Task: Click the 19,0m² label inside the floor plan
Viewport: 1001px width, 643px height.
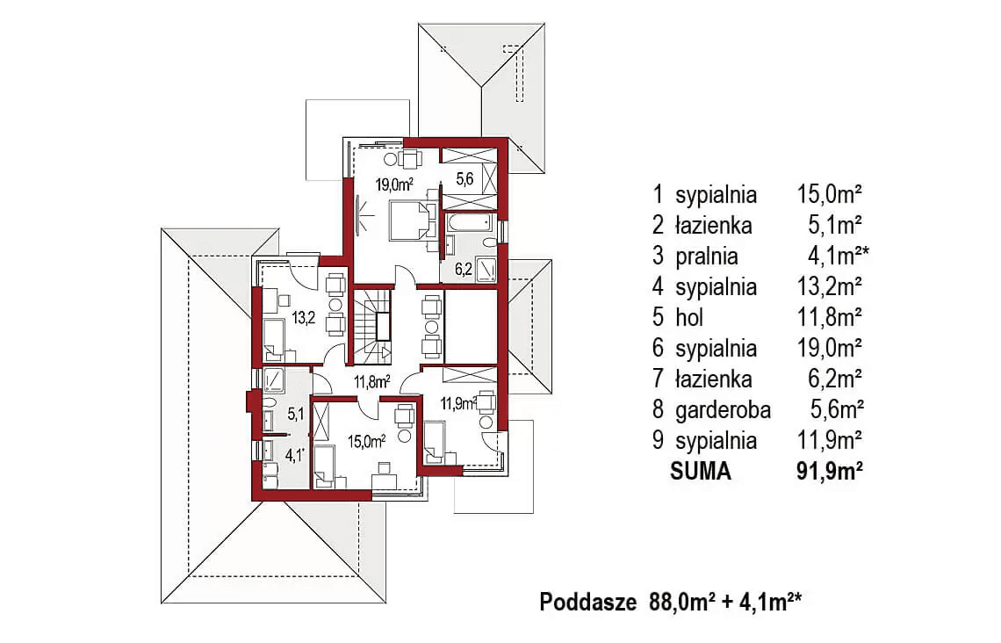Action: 394,185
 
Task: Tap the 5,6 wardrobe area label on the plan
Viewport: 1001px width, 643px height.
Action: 464,179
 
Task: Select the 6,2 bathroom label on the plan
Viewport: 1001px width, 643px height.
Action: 464,269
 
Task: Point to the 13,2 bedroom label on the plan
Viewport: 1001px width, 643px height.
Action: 304,317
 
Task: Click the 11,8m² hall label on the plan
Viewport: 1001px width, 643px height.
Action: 372,382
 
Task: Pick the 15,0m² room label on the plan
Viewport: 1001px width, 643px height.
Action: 366,441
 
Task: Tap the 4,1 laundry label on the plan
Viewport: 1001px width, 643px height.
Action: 294,455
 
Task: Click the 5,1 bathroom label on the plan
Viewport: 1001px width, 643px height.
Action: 296,415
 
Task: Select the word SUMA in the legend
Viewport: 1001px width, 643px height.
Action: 701,471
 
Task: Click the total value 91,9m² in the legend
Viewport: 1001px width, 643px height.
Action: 830,471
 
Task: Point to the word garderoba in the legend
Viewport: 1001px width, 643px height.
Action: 723,410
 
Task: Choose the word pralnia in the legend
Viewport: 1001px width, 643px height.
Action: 707,256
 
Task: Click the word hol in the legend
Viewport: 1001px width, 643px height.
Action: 689,317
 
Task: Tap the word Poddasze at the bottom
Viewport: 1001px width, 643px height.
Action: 588,602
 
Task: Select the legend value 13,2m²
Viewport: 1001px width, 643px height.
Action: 830,286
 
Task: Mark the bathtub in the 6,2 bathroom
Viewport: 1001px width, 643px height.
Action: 469,223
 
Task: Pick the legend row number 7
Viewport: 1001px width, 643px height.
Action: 659,379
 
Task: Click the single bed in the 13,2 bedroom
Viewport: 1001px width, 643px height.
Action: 274,337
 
